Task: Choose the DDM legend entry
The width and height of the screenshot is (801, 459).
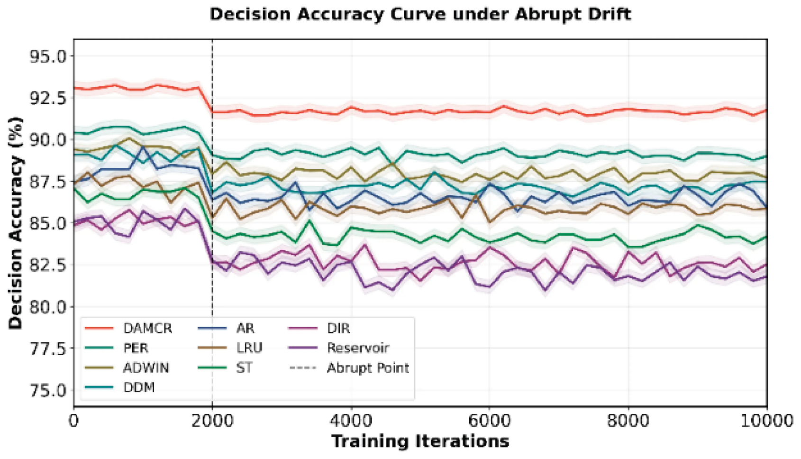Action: [x=120, y=387]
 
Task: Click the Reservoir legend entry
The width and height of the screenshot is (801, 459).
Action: [x=339, y=348]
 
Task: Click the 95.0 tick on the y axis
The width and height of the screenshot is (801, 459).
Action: [x=48, y=56]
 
